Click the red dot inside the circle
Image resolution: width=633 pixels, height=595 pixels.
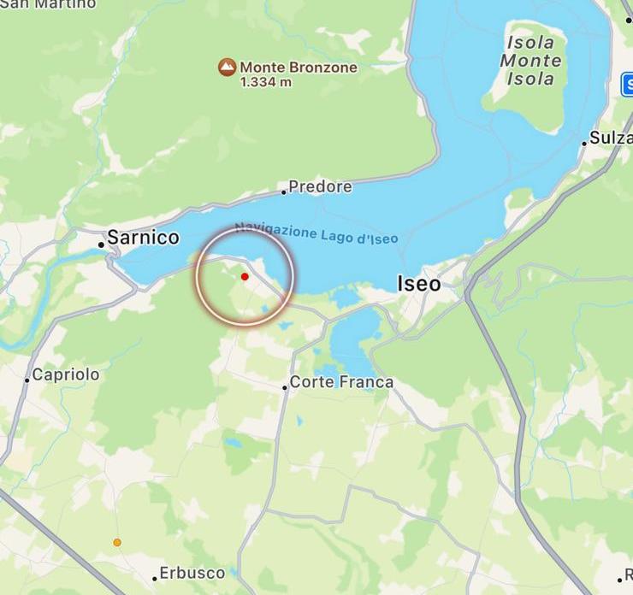coord(245,276)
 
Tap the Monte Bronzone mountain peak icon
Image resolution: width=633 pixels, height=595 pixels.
coord(227,67)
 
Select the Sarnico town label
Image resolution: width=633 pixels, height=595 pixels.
coord(143,238)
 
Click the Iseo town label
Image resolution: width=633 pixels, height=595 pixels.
coord(419,284)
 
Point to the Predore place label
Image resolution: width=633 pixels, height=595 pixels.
coord(320,186)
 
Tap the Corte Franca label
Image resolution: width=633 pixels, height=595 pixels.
coord(341,382)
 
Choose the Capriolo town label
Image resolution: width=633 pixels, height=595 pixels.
coord(66,374)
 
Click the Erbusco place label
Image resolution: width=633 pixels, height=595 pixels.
coord(192,573)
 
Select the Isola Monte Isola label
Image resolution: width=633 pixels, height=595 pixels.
coord(531,61)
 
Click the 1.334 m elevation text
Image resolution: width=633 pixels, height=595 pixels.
coord(265,82)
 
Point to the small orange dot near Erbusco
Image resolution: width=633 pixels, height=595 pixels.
coord(117,542)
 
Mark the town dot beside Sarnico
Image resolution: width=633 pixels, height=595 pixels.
coord(101,244)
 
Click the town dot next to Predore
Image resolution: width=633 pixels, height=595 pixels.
coord(284,191)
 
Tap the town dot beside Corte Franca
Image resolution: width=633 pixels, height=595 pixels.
coord(285,387)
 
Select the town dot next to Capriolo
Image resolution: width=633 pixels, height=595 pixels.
coord(27,380)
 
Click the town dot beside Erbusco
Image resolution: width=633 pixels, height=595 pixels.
coord(155,579)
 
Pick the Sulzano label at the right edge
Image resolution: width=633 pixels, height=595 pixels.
coord(611,138)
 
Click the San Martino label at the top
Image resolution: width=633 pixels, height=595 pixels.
coord(49,4)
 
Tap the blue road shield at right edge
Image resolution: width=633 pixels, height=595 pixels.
coord(627,85)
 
